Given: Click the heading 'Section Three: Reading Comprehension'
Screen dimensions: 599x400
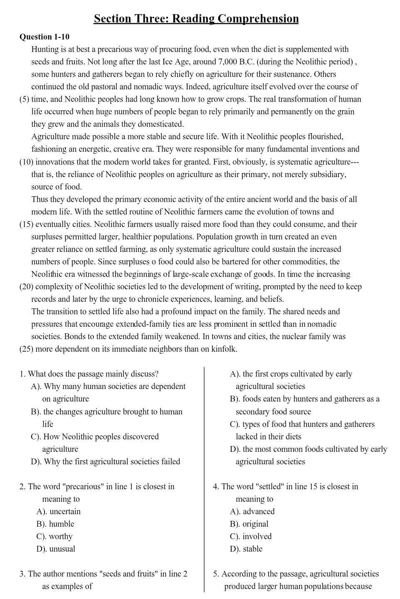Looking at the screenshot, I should [196, 19].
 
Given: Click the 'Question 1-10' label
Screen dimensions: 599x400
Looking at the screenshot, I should [44, 37].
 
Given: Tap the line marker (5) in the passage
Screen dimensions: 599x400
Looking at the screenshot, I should [25, 99].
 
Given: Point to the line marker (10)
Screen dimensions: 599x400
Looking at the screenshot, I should [26, 162].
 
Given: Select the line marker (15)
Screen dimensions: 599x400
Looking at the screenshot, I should [26, 224].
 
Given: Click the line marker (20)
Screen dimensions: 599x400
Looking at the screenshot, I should [26, 287].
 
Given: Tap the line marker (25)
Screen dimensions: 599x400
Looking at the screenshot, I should [26, 349].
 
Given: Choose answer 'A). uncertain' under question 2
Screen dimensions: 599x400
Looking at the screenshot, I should [58, 512].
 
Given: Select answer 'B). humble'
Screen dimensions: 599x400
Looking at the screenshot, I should [55, 524].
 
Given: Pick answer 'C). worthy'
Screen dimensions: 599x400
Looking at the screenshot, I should [54, 537].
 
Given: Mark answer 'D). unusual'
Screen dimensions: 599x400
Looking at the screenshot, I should [56, 549].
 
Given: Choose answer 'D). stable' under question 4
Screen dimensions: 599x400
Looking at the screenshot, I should [246, 549].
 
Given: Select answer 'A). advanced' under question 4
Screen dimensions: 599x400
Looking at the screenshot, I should [252, 512].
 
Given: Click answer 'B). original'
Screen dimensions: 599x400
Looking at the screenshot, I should [249, 524].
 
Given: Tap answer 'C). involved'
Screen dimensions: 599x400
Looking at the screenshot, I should [251, 537].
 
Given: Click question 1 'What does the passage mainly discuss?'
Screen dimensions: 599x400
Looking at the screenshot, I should [89, 374].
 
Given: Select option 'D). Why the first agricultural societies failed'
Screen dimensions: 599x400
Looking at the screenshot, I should [106, 462].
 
